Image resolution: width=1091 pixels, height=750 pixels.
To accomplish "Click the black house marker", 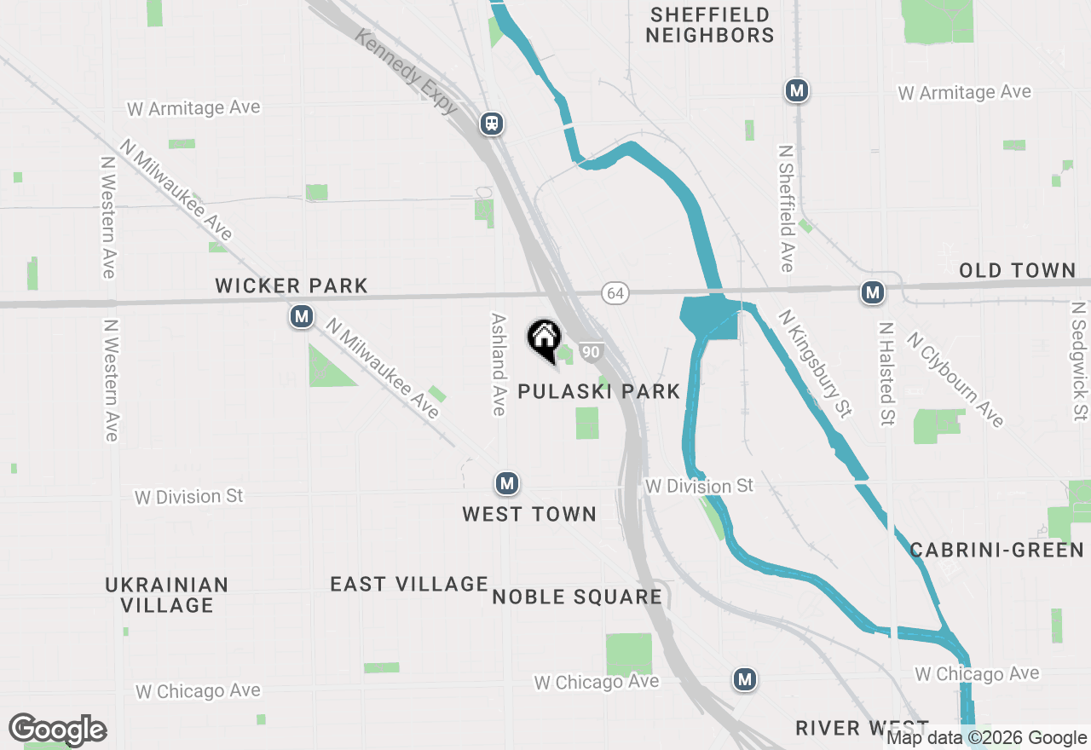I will click(x=544, y=339).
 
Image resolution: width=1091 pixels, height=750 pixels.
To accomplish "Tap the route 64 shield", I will click(x=615, y=293).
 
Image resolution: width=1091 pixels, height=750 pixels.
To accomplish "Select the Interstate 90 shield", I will click(x=592, y=351).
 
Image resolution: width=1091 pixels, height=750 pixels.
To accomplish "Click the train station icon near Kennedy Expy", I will click(x=492, y=124).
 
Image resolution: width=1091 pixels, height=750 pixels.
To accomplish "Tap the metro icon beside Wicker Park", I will click(x=300, y=317).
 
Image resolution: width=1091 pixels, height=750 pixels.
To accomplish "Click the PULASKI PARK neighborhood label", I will click(x=600, y=391).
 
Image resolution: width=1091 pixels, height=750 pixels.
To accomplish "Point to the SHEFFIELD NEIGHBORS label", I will click(x=709, y=25).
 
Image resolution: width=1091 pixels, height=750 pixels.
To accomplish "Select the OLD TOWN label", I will click(x=1017, y=271).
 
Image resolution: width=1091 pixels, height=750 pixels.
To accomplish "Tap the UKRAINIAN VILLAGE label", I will click(x=167, y=595).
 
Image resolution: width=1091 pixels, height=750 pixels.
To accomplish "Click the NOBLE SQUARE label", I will click(x=577, y=597).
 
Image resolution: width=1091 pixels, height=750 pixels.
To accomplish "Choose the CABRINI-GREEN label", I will click(x=996, y=550).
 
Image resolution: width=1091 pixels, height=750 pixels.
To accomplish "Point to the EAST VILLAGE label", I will click(x=409, y=584).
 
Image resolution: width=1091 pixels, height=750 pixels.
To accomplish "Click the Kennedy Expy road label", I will click(x=407, y=72).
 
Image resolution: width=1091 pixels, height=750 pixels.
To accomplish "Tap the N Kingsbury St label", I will click(x=814, y=363).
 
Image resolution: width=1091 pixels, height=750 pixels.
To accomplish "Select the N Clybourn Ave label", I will click(x=955, y=378).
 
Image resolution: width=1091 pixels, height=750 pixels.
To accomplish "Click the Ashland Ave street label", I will click(x=499, y=364).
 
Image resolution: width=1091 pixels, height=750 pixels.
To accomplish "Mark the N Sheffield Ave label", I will click(x=786, y=208).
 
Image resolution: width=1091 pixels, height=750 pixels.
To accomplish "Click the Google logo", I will click(x=58, y=730).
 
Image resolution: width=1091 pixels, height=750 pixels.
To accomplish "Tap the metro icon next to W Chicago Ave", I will click(x=745, y=679).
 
